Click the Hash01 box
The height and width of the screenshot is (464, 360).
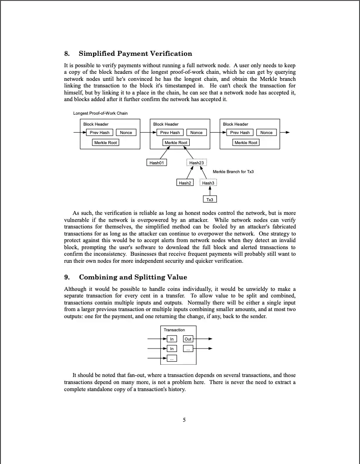pos(156,163)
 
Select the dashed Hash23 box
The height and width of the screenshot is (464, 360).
pos(197,163)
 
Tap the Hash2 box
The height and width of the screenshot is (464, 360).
pos(185,183)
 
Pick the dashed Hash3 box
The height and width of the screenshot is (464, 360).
pos(209,183)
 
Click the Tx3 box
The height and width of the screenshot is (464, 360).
pos(210,199)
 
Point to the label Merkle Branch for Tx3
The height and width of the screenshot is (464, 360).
pos(233,171)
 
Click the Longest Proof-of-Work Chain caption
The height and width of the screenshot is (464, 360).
pos(101,113)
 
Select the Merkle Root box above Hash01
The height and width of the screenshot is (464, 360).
pos(176,142)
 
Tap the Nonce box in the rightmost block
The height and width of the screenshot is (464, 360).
pos(266,132)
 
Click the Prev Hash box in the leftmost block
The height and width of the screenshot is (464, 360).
pos(100,132)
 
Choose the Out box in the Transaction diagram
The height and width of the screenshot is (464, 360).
pos(188,339)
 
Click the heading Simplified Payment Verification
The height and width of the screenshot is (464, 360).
pos(135,54)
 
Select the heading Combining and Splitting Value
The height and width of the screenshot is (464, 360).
pos(133,277)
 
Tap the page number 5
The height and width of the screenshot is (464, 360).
pos(184,420)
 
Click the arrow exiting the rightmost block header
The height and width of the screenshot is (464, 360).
pos(285,132)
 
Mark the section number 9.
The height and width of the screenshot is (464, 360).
pos(67,277)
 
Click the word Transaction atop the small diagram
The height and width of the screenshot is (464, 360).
pos(174,330)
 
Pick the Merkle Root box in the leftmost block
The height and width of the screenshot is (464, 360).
pos(106,142)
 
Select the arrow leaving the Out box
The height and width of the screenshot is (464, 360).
pos(204,339)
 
